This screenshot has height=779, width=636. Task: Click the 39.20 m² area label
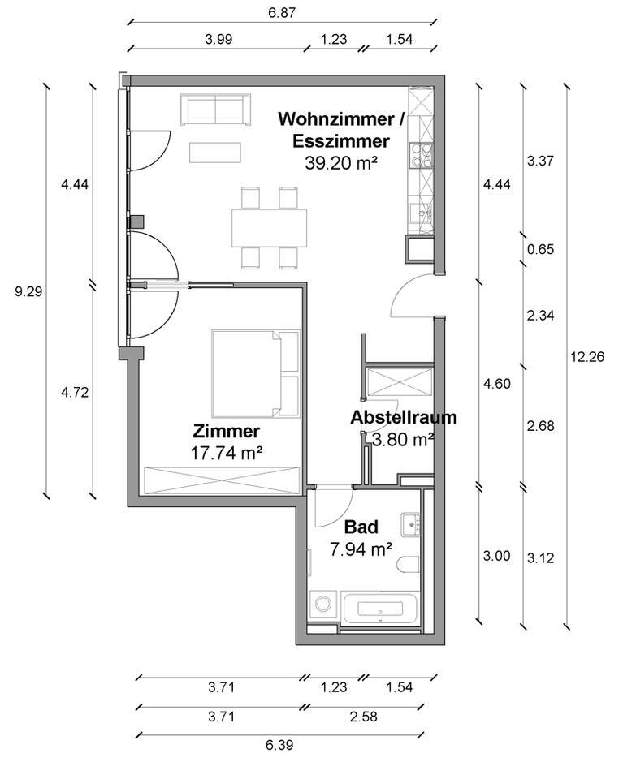(341, 162)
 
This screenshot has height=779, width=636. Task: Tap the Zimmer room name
(227, 431)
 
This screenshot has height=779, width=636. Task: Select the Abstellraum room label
(404, 418)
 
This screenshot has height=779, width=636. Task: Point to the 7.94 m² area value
(361, 549)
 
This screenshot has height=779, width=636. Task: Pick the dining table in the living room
(270, 228)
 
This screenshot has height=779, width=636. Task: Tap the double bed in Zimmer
(256, 372)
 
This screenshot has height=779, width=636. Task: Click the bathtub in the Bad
(380, 609)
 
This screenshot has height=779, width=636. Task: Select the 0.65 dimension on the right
(540, 249)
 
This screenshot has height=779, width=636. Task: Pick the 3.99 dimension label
(221, 38)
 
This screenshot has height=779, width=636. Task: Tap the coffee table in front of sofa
(215, 152)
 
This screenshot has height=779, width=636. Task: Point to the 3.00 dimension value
(496, 556)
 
